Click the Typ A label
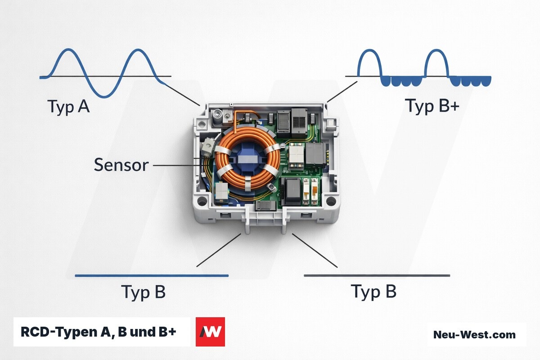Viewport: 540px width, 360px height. pos(69,107)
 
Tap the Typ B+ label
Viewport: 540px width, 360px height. pos(432,106)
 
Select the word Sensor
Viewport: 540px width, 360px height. pos(121,165)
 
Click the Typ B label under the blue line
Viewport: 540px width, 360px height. pos(143,292)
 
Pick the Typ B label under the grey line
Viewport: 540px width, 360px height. pos(373,292)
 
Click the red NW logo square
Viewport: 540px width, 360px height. pos(210,332)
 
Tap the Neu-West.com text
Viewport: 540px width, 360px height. pos(474,335)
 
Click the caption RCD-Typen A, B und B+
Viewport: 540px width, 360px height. pos(99,332)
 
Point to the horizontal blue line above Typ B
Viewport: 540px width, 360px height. pos(152,275)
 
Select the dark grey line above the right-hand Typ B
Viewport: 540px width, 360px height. pos(377,275)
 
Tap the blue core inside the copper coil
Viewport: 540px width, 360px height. pos(247,159)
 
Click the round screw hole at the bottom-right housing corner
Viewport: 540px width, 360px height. pos(331,201)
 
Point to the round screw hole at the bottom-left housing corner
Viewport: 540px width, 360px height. pos(202,201)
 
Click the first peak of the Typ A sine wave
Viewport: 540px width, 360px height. pos(69,49)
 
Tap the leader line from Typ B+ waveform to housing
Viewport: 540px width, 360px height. pos(342,92)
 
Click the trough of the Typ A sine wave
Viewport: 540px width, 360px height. pos(104,97)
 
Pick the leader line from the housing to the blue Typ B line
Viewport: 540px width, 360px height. pos(219,250)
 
